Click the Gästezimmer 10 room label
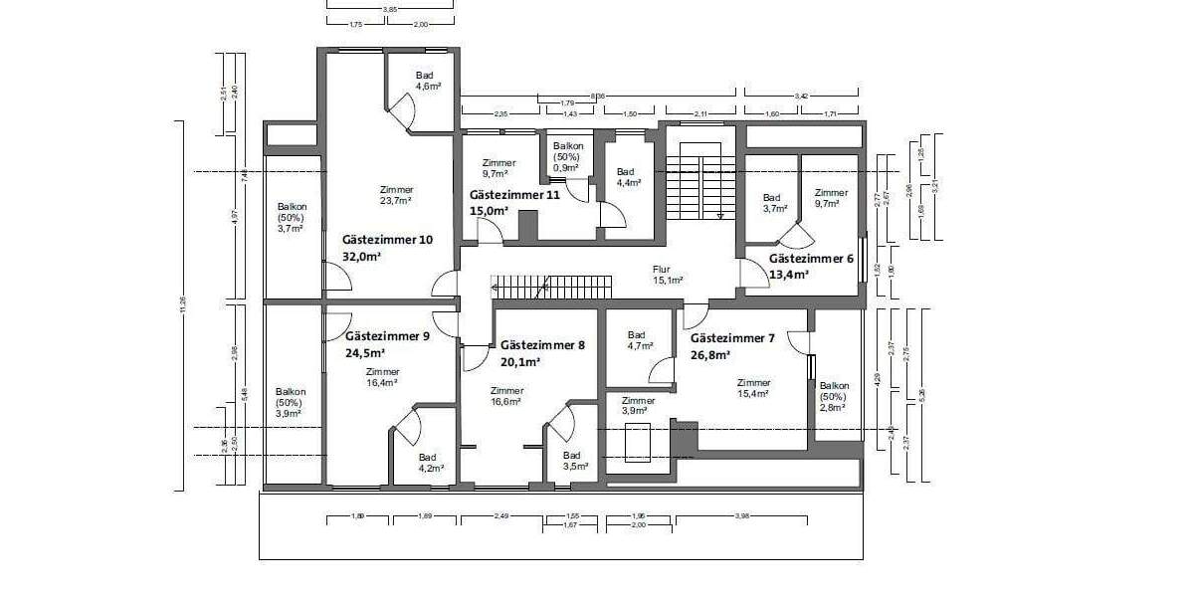click(x=387, y=240)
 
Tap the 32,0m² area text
click(x=362, y=256)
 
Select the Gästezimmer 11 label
click(x=514, y=196)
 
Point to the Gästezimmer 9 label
click(x=387, y=336)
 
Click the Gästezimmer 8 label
click(x=542, y=345)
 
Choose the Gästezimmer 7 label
click(x=732, y=338)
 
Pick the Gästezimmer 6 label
click(x=811, y=258)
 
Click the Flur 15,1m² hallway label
click(x=666, y=275)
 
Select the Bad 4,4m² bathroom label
click(x=628, y=177)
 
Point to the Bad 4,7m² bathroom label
click(x=640, y=340)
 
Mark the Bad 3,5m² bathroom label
click(x=573, y=460)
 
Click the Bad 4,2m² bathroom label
click(x=430, y=462)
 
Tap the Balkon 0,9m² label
click(x=566, y=157)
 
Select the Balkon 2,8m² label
click(x=834, y=396)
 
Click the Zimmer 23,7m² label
click(x=396, y=194)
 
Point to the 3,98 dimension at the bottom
click(x=742, y=515)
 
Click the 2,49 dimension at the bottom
click(x=500, y=515)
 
